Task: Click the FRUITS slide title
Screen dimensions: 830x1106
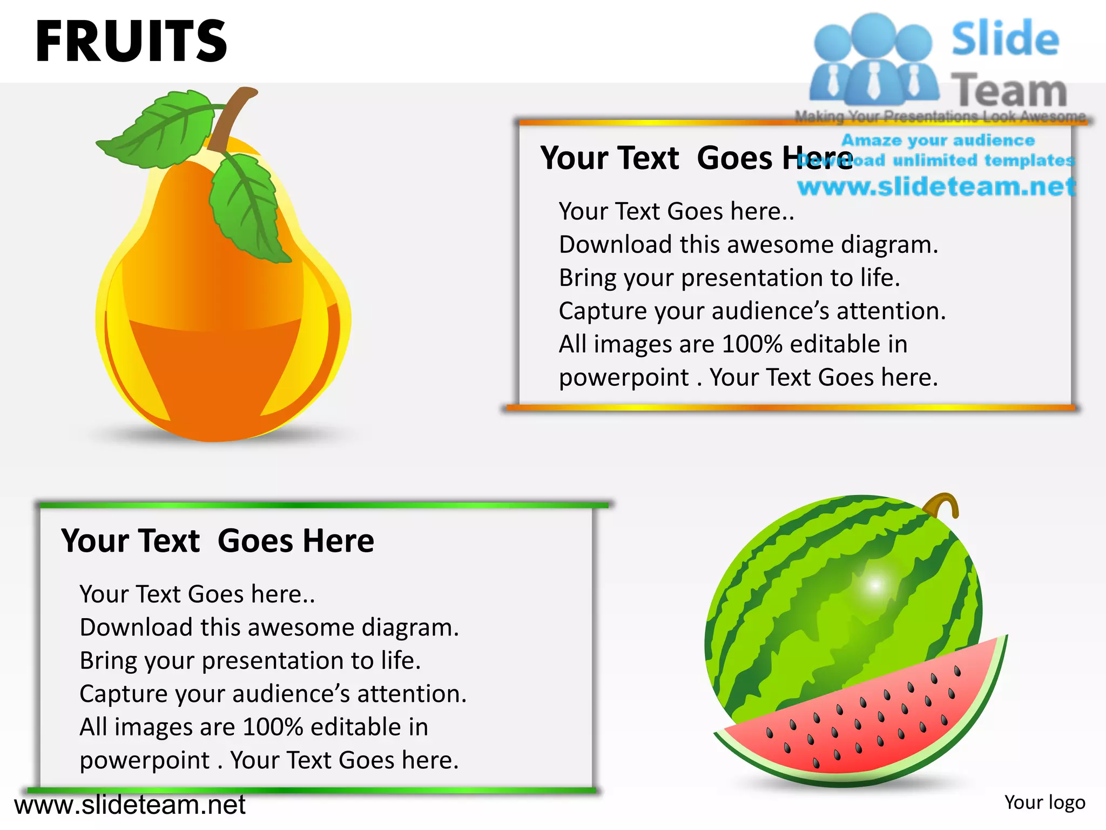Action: [131, 42]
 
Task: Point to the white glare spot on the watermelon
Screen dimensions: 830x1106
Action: [875, 585]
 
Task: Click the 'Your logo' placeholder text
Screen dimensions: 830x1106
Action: [1044, 802]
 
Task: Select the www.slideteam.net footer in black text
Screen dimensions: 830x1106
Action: [130, 805]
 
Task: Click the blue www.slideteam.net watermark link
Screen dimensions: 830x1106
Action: [936, 186]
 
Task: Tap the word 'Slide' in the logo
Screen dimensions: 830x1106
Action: [1005, 39]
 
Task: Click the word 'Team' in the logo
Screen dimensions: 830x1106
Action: [1009, 90]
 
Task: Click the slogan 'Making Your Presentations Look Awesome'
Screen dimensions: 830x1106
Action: [940, 116]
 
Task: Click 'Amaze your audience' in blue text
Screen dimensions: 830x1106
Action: [938, 140]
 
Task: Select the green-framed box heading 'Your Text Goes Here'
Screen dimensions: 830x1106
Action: [217, 541]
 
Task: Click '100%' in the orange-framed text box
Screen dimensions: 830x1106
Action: [752, 344]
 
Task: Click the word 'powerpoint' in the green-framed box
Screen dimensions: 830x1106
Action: [144, 760]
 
